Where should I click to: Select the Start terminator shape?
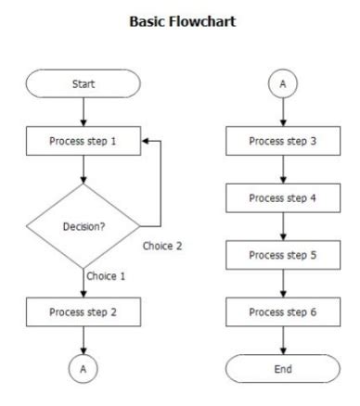tap(84, 84)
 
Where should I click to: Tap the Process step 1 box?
tap(84, 143)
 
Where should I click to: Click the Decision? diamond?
tap(83, 225)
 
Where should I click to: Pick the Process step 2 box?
tap(84, 311)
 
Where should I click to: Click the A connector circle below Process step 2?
tap(84, 368)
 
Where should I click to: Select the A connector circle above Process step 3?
tap(283, 84)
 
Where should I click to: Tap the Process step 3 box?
tap(283, 143)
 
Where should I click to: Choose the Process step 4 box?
tap(283, 199)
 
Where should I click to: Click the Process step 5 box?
tap(283, 256)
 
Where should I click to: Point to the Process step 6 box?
tap(283, 312)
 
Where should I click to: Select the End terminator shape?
tap(283, 368)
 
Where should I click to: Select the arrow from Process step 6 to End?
tap(283, 340)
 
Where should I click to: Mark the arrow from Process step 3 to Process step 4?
tap(283, 171)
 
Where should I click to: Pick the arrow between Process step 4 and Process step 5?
tap(283, 227)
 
